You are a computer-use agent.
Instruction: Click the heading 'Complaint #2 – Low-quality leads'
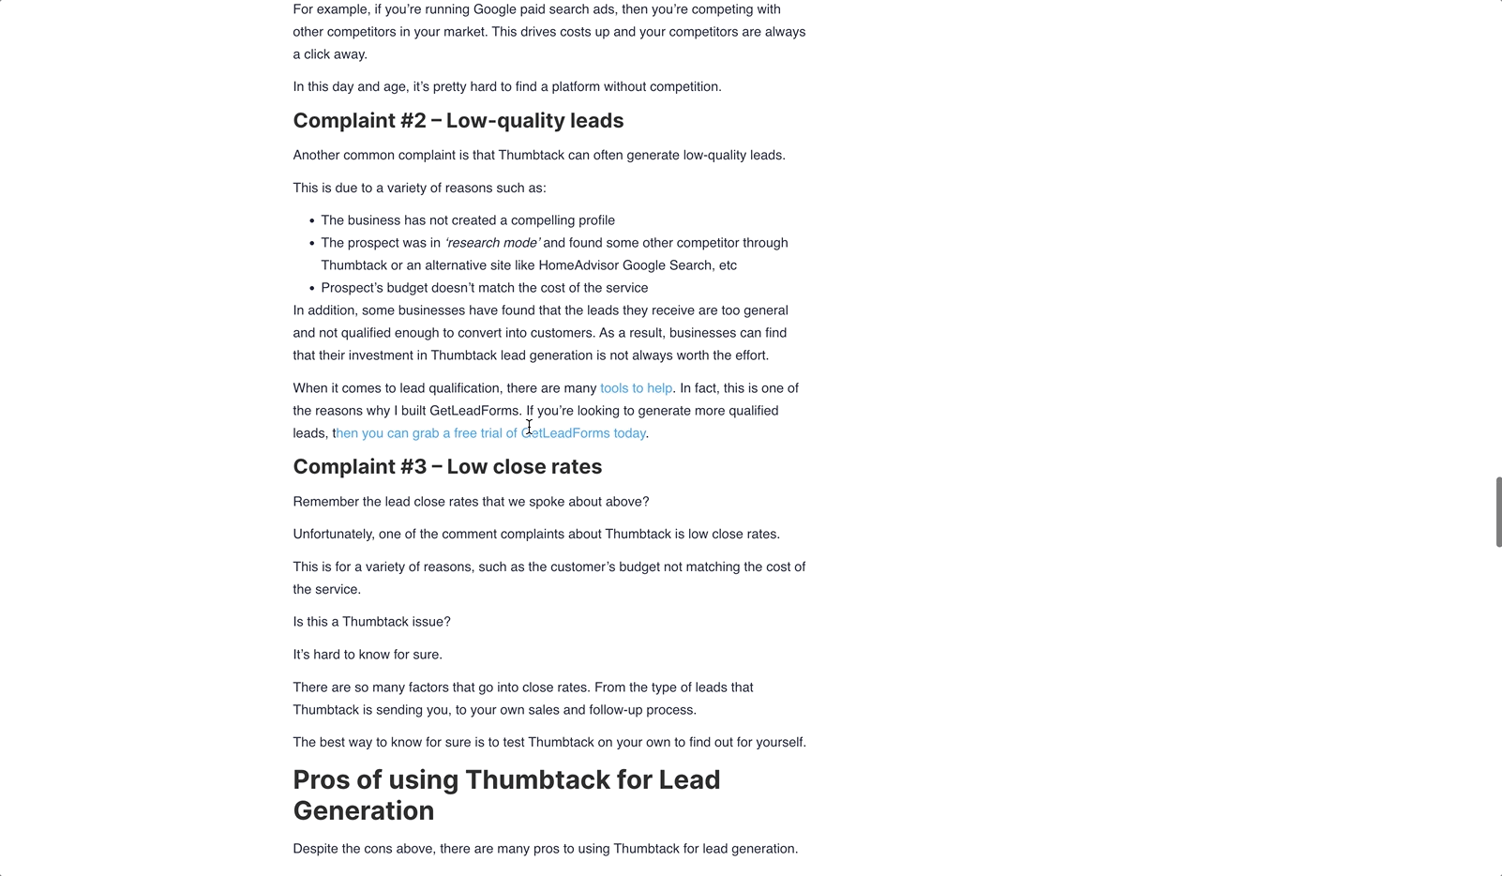(458, 121)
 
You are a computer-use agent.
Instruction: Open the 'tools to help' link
(636, 388)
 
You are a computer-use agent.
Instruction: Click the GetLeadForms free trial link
(490, 433)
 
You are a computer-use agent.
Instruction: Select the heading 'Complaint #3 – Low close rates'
(447, 467)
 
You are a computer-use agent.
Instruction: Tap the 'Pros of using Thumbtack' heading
(506, 794)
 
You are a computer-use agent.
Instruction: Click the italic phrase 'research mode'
(492, 243)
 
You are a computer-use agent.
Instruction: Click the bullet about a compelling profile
(468, 220)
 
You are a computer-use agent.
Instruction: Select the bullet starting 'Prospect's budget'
(484, 288)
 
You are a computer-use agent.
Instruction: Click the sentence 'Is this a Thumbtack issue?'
(371, 622)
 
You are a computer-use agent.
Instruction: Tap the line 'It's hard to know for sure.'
(368, 655)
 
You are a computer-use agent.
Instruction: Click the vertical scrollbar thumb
(1497, 511)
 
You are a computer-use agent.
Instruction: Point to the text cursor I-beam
(529, 427)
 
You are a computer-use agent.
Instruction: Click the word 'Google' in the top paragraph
(494, 9)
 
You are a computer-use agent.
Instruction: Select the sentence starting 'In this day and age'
(506, 87)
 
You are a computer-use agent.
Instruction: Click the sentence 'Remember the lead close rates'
(471, 502)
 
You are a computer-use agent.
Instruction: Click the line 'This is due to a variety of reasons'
(419, 189)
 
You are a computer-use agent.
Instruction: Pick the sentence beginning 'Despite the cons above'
(545, 849)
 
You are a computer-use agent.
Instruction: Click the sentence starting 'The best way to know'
(548, 743)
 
